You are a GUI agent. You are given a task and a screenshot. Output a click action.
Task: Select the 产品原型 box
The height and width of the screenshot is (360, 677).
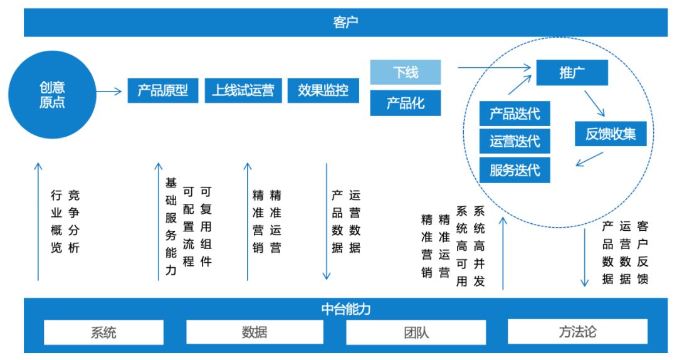pos(162,90)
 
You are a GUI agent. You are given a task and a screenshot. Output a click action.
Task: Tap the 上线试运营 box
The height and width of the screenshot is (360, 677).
pos(243,90)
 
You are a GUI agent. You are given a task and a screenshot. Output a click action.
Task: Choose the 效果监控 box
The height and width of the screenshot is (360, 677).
pos(323,90)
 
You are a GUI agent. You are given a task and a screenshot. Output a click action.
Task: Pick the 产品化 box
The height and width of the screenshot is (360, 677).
pos(406,103)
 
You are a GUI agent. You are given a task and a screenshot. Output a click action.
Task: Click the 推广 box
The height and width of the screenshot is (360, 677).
pos(572,73)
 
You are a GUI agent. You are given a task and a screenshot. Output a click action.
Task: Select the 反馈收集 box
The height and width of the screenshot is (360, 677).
pos(611,134)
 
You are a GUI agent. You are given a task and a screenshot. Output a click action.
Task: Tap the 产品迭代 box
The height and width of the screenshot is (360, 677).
pos(515,114)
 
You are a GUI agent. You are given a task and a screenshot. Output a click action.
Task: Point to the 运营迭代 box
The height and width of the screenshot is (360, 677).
pos(515,142)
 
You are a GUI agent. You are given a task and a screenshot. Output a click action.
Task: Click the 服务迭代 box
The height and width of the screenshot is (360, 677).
pos(515,170)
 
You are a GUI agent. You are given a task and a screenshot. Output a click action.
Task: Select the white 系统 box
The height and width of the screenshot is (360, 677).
pos(103,332)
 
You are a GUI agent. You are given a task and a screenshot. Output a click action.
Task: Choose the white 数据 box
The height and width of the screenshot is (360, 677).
pos(255,332)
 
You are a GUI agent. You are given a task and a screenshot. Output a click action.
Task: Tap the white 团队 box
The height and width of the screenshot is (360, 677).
pos(416,332)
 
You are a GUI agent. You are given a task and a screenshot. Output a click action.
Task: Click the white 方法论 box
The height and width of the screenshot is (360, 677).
pos(577,332)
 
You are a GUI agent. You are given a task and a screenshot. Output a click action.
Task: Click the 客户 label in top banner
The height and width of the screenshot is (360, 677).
pos(345,23)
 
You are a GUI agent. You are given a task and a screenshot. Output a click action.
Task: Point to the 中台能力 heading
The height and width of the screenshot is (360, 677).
pos(345,309)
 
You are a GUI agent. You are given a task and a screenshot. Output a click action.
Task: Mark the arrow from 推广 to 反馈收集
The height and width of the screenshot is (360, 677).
pos(594,103)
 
